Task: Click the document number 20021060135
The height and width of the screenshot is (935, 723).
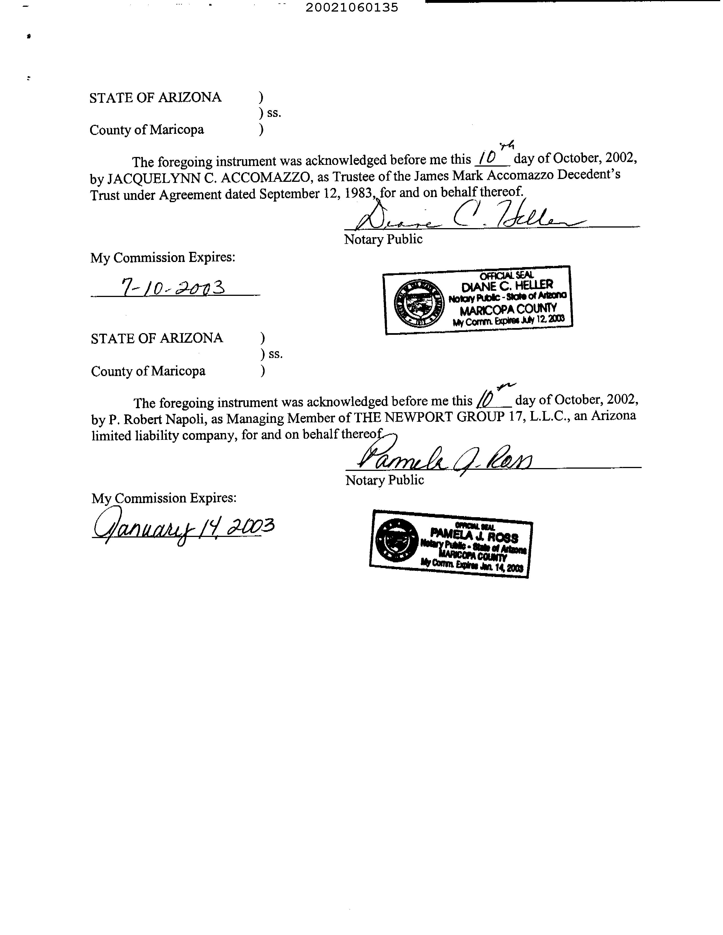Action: [352, 8]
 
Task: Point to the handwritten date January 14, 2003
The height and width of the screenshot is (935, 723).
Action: [183, 527]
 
